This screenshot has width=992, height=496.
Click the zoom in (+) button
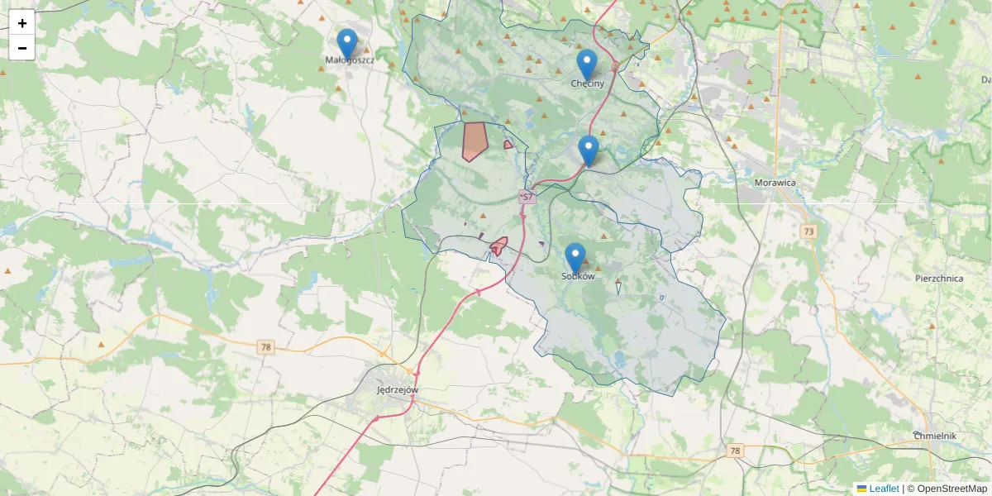click(22, 23)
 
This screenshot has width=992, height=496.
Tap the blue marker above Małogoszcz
click(347, 43)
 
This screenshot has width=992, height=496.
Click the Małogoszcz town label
click(350, 60)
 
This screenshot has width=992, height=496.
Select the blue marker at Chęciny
click(587, 64)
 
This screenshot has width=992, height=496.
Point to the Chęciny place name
click(587, 83)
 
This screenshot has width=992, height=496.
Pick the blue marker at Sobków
click(575, 257)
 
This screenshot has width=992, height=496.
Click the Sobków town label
click(578, 277)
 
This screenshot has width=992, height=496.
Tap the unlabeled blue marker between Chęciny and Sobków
click(589, 150)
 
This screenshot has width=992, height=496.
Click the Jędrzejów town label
click(398, 389)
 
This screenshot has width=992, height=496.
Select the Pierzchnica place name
click(939, 279)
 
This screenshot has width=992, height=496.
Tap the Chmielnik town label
click(935, 436)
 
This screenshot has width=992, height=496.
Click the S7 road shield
click(527, 198)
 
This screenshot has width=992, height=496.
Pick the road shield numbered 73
click(808, 231)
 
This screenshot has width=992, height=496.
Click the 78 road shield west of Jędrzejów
click(265, 347)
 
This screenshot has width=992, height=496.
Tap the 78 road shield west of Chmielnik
click(735, 451)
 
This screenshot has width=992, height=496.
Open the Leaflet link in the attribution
click(884, 489)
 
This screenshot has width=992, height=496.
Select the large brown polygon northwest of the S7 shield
click(475, 141)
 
